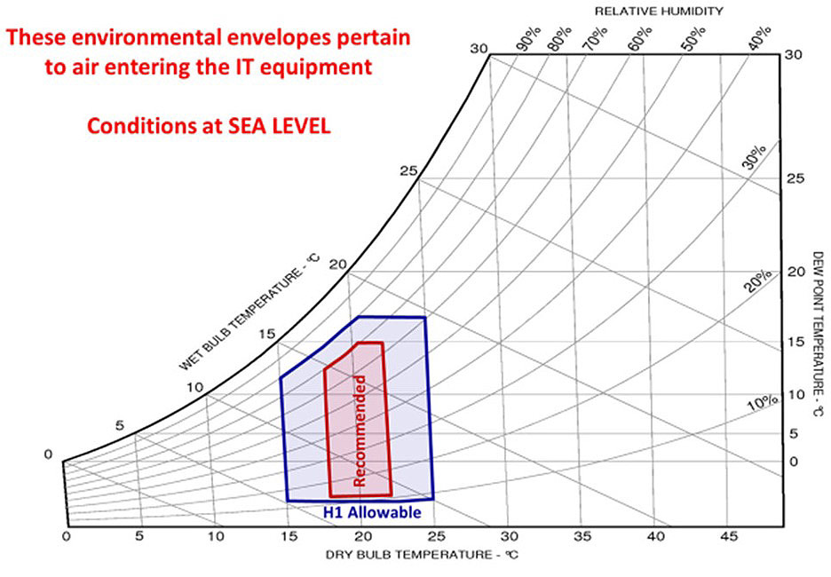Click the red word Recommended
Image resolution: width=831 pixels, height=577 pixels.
coord(360,431)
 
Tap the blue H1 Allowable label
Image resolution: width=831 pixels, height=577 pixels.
coord(372,512)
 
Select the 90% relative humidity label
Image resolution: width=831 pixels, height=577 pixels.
coord(529,40)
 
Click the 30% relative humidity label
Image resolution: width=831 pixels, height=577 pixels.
coord(754,157)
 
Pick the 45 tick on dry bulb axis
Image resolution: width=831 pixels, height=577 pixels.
coord(729,536)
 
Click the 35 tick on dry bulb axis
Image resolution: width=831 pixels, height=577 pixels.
coord(582,536)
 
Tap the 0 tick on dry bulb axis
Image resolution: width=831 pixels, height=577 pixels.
coord(66,536)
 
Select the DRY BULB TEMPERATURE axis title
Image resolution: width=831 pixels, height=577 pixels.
coord(422,555)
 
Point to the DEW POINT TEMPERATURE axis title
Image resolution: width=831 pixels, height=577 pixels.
coord(819,334)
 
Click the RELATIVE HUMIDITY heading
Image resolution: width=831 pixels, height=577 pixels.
coord(659,11)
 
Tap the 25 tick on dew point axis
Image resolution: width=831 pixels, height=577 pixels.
coord(795,178)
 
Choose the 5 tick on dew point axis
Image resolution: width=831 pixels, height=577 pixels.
coord(794,434)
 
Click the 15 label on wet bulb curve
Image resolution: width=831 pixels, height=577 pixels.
coord(267,334)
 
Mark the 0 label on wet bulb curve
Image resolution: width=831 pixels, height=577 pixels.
coord(48,454)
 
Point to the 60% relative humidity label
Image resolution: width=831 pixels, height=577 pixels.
coord(640,39)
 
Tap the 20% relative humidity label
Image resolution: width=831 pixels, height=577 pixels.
coord(756,281)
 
